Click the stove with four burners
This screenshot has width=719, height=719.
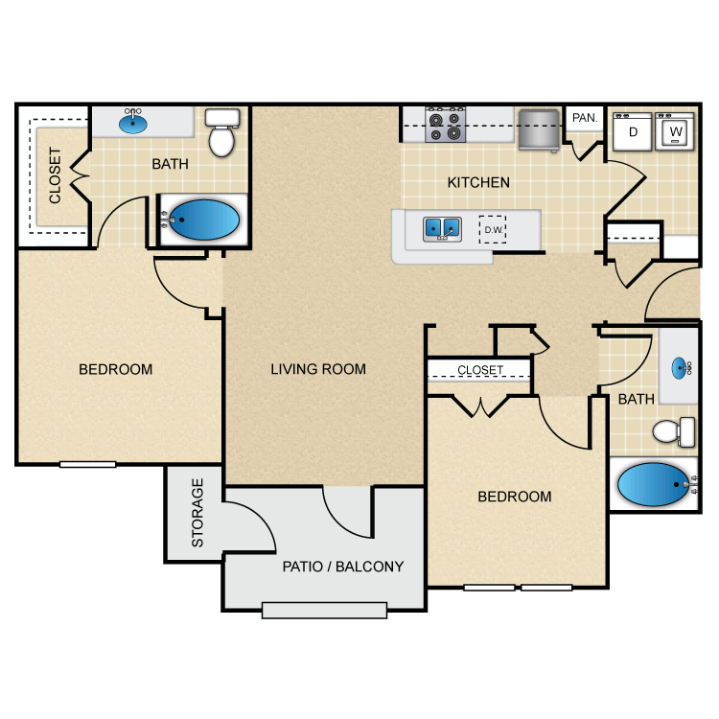point(446,125)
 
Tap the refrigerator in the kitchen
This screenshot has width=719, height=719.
point(538,128)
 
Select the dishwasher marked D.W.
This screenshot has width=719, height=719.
point(494,229)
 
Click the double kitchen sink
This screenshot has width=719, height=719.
point(443,228)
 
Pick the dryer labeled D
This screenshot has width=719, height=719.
point(633,131)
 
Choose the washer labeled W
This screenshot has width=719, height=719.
point(676,131)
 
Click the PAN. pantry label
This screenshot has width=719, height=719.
point(584,118)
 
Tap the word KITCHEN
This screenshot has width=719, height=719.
point(478,182)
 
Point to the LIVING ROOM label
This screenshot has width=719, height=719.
point(318,369)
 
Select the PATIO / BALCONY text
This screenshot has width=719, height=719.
point(343,566)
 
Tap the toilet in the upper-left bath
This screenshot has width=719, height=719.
point(222,134)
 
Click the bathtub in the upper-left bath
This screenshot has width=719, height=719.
point(203,220)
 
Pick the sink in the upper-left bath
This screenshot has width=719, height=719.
point(134,123)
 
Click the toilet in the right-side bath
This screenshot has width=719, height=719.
point(675,430)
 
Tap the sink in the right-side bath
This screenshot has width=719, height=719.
point(682,367)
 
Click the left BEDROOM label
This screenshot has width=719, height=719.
point(115,369)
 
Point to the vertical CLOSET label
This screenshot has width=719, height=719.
point(55,176)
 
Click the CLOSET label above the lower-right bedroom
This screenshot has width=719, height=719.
point(480,370)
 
